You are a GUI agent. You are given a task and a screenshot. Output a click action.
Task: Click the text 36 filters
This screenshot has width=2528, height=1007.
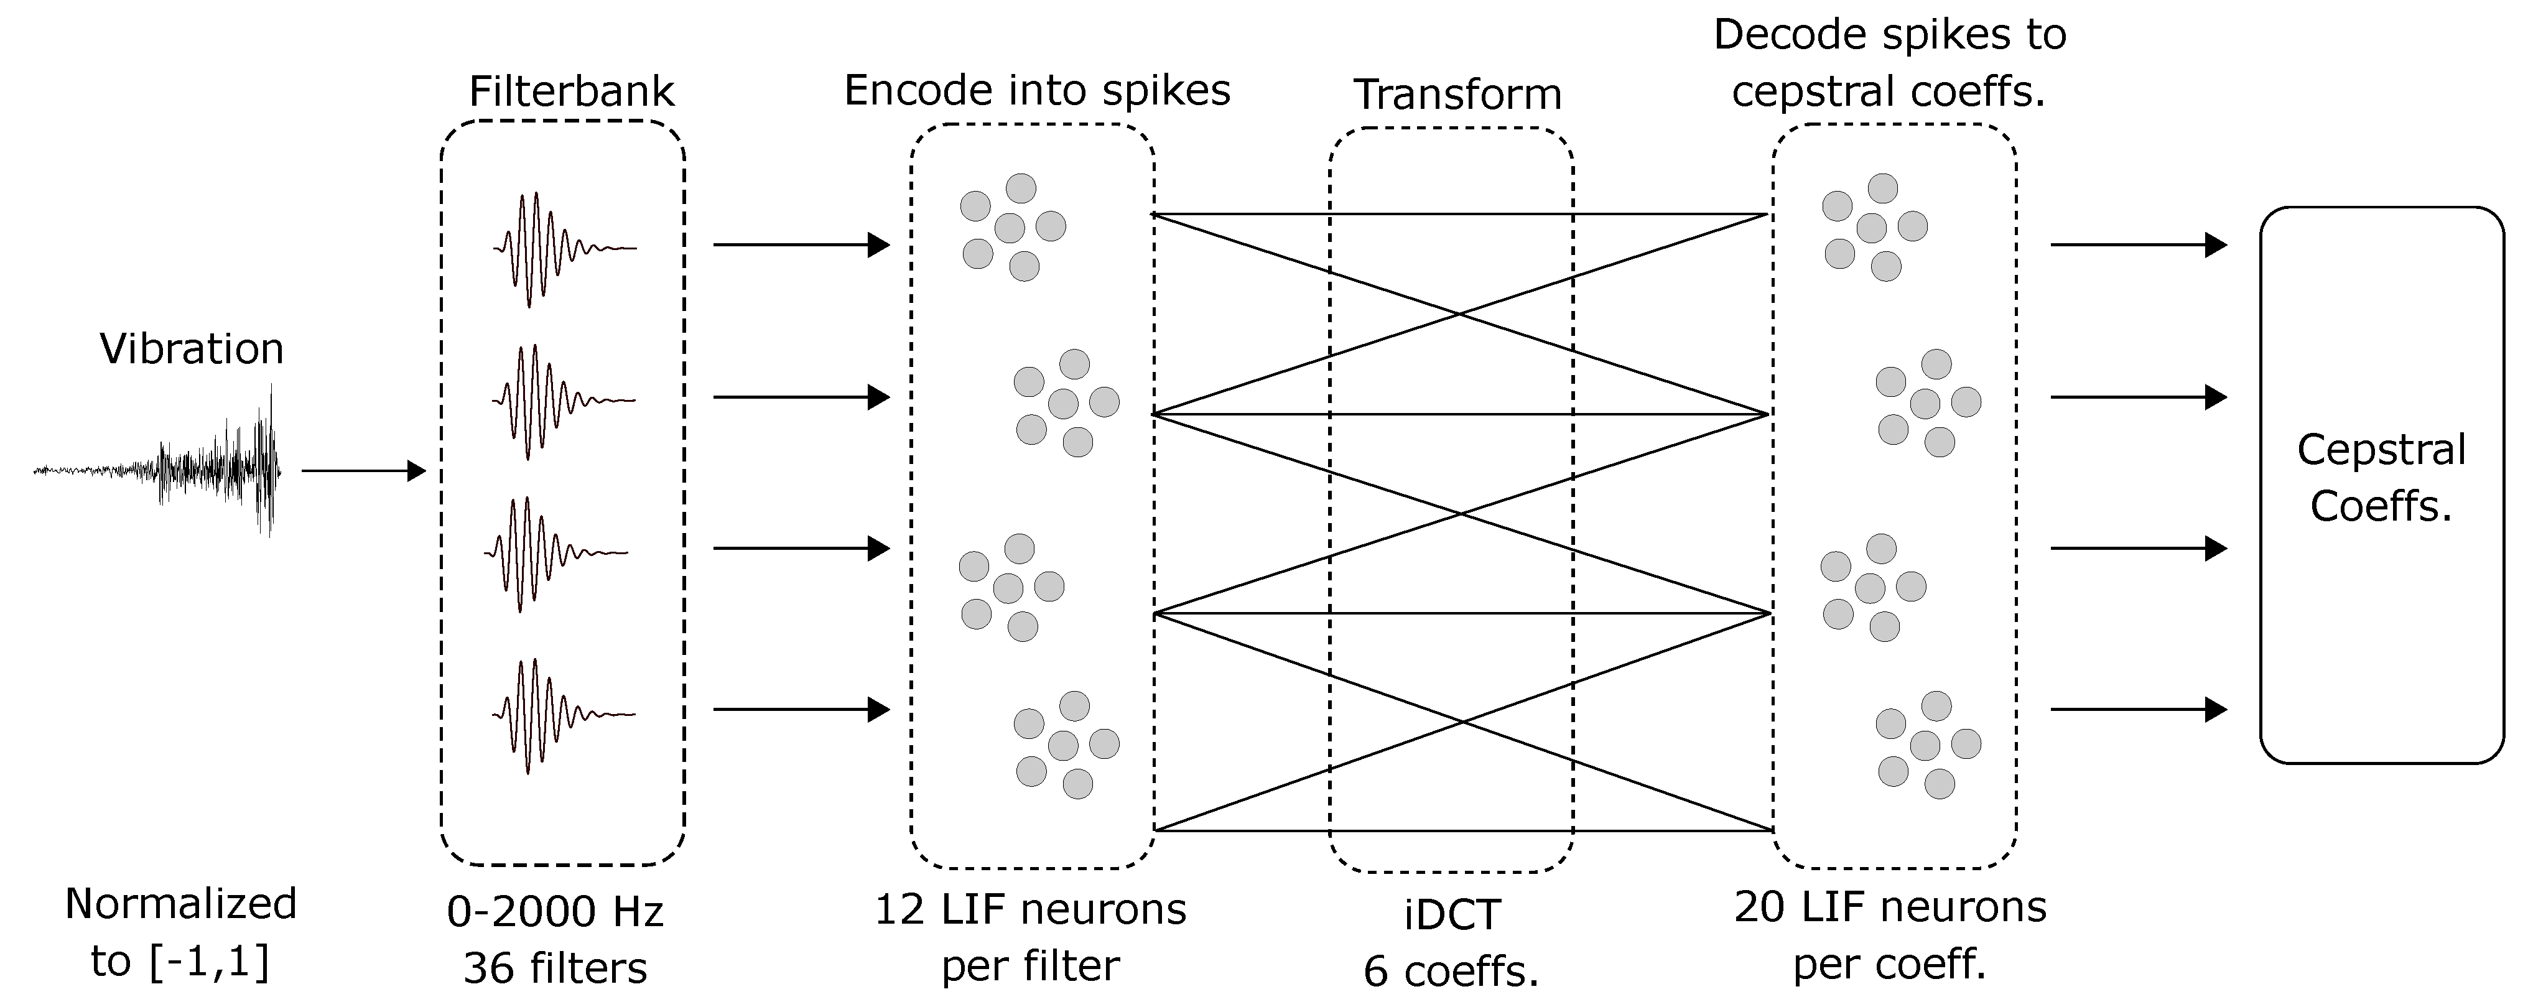pyautogui.click(x=555, y=968)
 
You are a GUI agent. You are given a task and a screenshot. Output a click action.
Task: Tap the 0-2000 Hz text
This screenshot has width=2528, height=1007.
pyautogui.click(x=555, y=912)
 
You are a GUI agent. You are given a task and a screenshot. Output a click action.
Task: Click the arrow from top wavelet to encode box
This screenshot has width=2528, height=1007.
pyautogui.click(x=800, y=244)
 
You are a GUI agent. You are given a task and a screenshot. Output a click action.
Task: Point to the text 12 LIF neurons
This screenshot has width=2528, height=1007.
pyautogui.click(x=1031, y=910)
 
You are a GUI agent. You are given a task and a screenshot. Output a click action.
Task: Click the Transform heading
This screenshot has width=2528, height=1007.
pyautogui.click(x=1457, y=94)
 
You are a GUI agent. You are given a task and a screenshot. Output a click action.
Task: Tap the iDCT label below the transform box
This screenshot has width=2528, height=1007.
pyautogui.click(x=1451, y=915)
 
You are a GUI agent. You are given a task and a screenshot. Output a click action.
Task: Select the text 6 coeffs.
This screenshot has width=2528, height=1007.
pyautogui.click(x=1451, y=971)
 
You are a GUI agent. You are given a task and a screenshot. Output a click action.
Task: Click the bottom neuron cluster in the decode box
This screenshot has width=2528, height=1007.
pyautogui.click(x=1926, y=745)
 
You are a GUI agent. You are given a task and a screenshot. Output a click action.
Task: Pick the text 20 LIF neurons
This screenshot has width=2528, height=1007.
pyautogui.click(x=1890, y=907)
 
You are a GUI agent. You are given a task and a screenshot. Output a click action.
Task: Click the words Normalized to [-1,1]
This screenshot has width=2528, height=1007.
pyautogui.click(x=180, y=932)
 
